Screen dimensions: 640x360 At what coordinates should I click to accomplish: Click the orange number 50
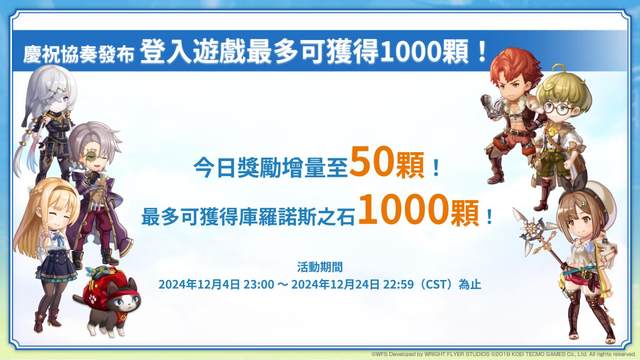pos(372,161)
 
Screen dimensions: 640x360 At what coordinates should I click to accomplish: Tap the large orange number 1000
pos(402,209)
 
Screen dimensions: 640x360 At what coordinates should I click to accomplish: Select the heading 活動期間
pos(320,267)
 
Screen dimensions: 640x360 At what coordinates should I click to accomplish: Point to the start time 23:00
pos(259,284)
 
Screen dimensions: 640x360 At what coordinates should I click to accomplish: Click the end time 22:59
pos(398,284)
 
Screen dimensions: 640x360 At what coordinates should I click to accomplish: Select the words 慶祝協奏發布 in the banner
pos(79,54)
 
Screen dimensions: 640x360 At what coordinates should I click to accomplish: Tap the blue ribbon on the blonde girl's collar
pos(60,240)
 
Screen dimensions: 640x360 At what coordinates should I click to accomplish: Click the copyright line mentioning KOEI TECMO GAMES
pos(504,354)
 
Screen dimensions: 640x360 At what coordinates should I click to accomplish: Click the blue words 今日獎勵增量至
pos(271,167)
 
